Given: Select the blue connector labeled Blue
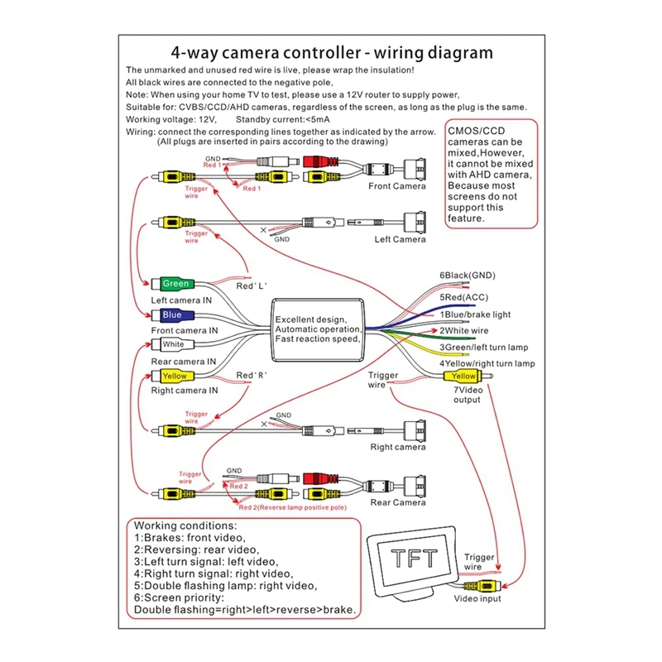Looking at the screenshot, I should point(174,315).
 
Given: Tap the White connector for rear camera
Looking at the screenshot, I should point(174,344).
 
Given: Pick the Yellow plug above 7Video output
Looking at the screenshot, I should point(465,377).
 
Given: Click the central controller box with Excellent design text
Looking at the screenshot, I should point(318,329).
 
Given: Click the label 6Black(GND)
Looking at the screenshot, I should point(468,275).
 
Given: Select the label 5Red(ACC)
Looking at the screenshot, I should point(464,296).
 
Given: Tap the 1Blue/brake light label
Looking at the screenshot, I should point(475,314).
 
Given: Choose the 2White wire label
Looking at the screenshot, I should point(466,331).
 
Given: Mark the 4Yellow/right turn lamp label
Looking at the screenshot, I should point(487,363).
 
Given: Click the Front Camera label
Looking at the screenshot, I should point(397,186).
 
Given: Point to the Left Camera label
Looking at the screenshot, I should point(401,239).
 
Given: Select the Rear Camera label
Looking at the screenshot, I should point(398,502).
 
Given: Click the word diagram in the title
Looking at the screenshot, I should point(451,53).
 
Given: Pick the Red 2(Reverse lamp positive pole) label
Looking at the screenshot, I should point(289,506).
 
